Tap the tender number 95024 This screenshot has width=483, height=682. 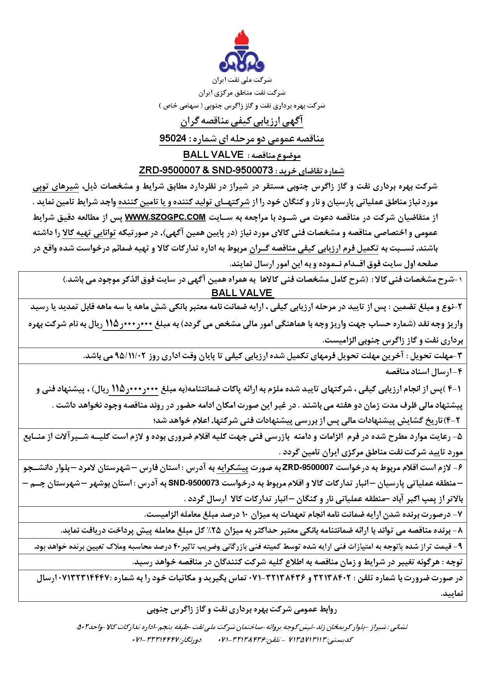tap(172, 138)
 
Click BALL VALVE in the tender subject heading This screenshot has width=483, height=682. tap(213, 155)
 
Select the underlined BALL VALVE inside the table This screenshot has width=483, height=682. tap(242, 293)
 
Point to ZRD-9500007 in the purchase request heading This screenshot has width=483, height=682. tap(168, 170)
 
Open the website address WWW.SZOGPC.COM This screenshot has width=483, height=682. tap(165, 217)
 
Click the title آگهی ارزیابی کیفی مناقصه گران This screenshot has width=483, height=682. tap(241, 122)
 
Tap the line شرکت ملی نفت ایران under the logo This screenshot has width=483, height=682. tap(242, 80)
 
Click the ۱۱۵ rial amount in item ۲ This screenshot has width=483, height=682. tap(112, 323)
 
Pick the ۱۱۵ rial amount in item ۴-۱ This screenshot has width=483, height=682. tap(118, 389)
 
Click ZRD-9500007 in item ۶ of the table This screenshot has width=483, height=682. tap(308, 467)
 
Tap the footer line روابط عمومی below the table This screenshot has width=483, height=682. tap(242, 610)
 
